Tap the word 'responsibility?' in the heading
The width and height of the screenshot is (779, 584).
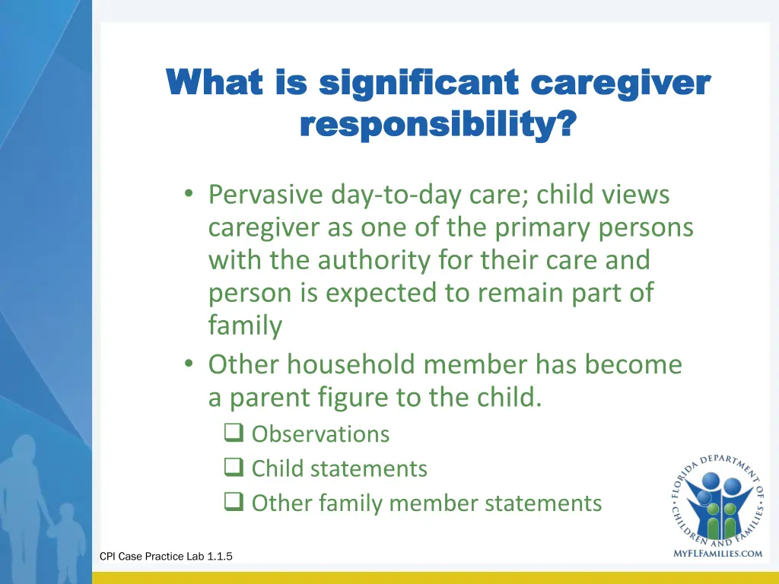click(437, 123)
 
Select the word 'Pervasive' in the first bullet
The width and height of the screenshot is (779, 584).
click(265, 195)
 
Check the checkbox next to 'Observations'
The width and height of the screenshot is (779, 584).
click(232, 434)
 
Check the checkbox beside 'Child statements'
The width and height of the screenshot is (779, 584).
click(232, 468)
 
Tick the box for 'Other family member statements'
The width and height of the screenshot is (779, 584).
click(232, 503)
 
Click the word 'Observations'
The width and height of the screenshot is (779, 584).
click(320, 434)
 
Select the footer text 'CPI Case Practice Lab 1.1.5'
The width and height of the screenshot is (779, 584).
click(166, 557)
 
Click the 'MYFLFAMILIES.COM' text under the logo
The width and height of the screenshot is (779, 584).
click(717, 554)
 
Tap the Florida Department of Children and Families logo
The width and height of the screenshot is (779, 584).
click(717, 499)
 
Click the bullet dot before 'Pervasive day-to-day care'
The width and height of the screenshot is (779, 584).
click(188, 195)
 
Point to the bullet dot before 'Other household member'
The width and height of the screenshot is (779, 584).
click(188, 364)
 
